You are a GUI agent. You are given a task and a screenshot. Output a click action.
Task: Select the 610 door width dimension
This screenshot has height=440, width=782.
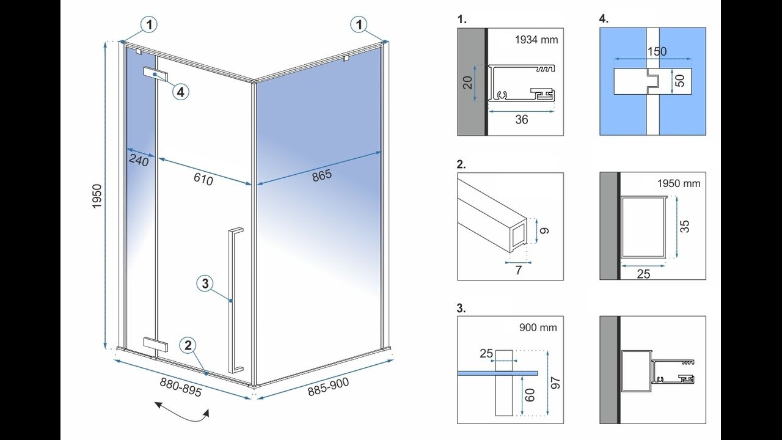point(203,179)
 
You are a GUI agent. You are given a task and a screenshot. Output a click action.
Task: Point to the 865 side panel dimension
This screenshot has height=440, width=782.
point(321,175)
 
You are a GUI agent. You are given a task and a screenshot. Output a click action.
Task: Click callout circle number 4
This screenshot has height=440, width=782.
point(180,92)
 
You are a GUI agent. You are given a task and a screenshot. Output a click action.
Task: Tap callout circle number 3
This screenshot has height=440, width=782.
point(205,283)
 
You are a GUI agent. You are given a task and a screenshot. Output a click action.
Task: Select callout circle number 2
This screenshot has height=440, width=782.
point(188,345)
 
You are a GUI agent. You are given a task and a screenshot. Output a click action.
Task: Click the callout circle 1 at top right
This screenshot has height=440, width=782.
point(359,24)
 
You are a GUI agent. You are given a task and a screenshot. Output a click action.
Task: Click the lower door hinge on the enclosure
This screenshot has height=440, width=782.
point(155,344)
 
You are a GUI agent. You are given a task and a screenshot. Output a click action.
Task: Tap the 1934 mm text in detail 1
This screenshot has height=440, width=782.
point(536,40)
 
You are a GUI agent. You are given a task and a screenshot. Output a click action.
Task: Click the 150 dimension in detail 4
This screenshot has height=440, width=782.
point(657,52)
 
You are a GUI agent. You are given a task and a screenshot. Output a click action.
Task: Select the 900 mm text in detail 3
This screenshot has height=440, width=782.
point(537,328)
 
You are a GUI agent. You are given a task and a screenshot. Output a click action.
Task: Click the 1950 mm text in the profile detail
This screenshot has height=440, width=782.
point(679,183)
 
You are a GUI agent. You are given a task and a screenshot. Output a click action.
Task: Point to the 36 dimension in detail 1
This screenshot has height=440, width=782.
point(521,120)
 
